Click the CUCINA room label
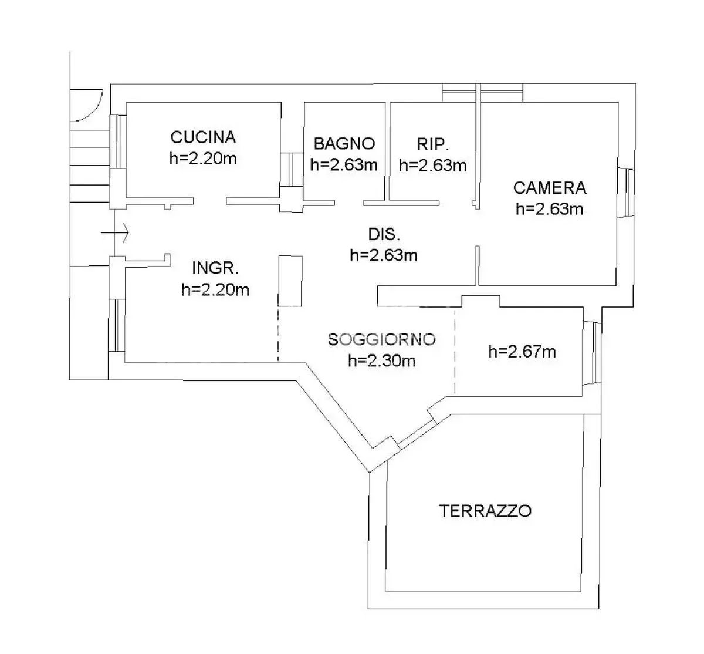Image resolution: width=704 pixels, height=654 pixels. tap(203, 137)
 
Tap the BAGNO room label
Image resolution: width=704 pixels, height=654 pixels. tap(344, 144)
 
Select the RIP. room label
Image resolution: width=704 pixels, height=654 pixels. tap(433, 144)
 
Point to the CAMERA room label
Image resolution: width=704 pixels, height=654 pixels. tap(550, 188)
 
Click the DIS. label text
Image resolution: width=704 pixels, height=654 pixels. tap(384, 234)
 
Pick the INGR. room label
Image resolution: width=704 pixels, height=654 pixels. tap(215, 268)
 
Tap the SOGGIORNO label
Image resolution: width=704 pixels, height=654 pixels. tap(382, 339)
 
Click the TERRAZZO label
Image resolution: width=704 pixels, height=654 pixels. tap(485, 511)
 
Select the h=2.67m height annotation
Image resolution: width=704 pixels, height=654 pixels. tap(522, 352)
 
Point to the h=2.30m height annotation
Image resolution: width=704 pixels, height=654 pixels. tap(382, 361)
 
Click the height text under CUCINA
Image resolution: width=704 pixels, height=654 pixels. tap(203, 159)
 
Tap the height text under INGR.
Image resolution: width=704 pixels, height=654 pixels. tap(215, 290)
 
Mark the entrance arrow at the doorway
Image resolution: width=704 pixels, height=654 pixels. tap(115, 233)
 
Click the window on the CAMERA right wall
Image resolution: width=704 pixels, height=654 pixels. tap(626, 193)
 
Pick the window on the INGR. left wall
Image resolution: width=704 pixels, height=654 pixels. tap(117, 325)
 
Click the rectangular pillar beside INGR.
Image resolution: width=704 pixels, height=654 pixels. tap(290, 281)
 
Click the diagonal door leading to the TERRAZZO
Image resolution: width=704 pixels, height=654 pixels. tap(417, 434)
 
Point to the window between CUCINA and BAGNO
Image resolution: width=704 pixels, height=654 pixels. tap(292, 170)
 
